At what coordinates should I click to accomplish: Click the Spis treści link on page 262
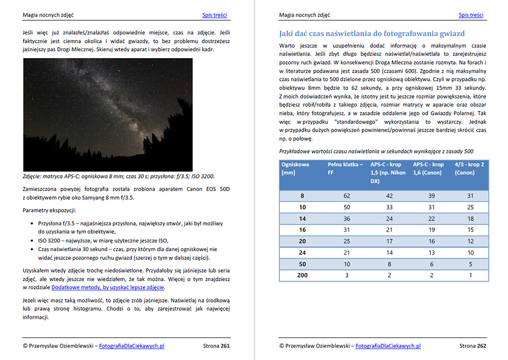(x=470, y=15)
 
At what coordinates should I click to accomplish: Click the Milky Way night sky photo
(x=108, y=114)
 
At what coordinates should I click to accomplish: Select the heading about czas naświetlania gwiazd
(x=372, y=34)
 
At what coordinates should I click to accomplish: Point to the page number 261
(x=225, y=346)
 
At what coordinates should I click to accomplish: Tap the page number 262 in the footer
(x=481, y=346)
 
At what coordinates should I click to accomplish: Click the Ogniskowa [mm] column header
(x=295, y=169)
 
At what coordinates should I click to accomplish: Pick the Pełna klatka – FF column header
(x=345, y=169)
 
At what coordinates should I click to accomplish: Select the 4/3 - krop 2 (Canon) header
(x=469, y=169)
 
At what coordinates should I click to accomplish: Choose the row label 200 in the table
(x=302, y=275)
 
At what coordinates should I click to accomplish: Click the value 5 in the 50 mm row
(x=470, y=264)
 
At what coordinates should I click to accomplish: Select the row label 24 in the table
(x=302, y=253)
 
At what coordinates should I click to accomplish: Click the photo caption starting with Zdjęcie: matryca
(x=118, y=176)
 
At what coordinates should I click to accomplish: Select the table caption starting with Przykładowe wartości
(x=376, y=151)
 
